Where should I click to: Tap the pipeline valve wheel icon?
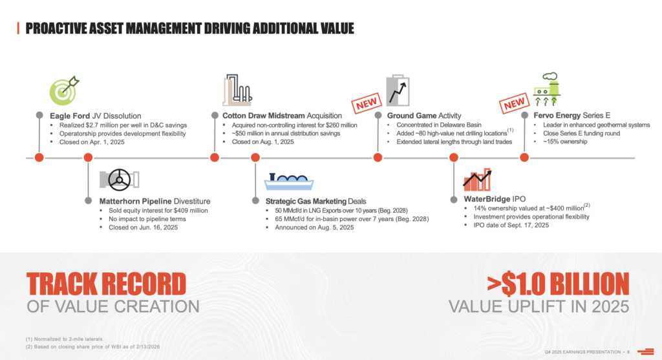coord(118,180)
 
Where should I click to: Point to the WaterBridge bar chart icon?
coord(477,179)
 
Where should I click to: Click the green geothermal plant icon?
coord(549,90)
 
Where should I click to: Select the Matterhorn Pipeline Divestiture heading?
coord(155,201)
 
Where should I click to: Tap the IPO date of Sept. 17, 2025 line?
coord(507,226)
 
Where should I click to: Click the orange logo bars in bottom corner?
coord(645,351)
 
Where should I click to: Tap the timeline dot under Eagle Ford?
coord(39,157)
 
